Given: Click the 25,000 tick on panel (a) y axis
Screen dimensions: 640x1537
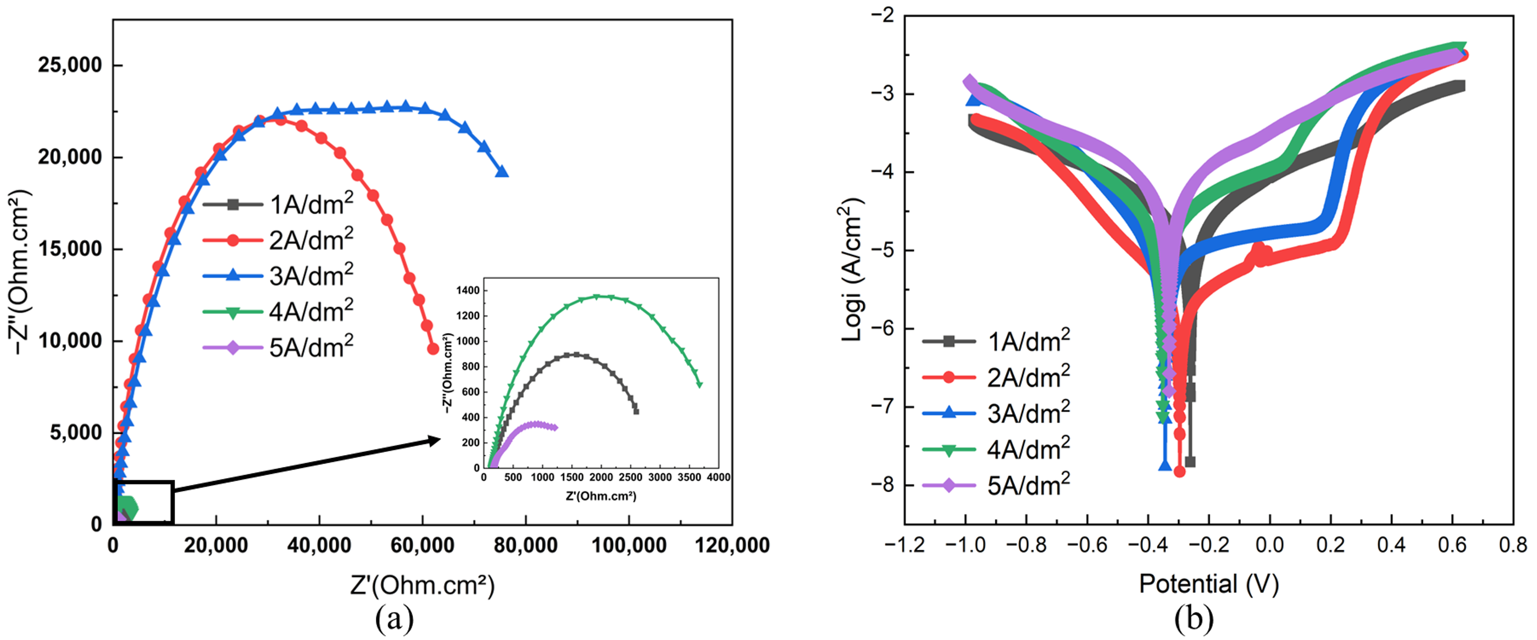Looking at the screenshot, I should [70, 64].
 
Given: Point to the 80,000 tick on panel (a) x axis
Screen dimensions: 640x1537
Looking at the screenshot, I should [526, 544].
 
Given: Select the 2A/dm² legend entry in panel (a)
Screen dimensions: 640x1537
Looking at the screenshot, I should [279, 240].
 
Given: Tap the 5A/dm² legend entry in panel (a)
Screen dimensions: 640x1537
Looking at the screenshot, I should [279, 347].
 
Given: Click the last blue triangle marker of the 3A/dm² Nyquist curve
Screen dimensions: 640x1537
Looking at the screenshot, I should [502, 172].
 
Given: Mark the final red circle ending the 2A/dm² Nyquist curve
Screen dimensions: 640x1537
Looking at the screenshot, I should [433, 349].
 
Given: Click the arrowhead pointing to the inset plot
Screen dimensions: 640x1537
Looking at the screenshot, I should [434, 440].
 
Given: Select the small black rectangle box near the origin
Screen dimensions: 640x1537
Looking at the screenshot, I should [143, 503].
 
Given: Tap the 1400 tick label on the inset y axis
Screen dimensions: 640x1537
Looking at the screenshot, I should [468, 291].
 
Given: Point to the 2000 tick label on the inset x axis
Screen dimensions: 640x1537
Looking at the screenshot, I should [601, 478].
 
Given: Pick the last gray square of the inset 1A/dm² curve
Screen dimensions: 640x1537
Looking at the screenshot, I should [636, 411].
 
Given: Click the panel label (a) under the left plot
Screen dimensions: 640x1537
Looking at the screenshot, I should [394, 620].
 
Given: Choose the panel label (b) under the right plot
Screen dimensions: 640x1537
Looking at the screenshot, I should [1194, 620].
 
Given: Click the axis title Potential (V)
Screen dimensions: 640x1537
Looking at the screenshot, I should [1209, 583].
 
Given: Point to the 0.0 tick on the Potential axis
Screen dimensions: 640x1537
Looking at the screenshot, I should [1269, 544].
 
